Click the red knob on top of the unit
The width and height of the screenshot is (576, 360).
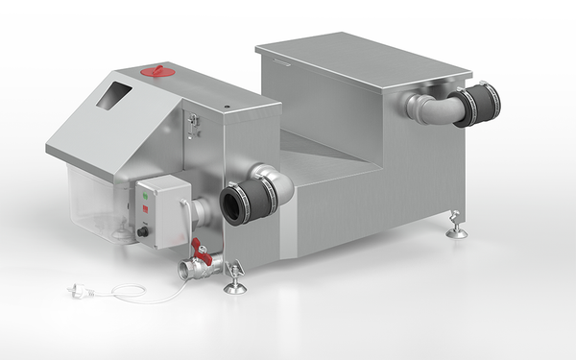(x=155, y=70)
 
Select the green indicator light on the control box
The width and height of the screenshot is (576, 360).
(x=145, y=195)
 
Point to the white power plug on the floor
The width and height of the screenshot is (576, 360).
(x=75, y=289)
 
